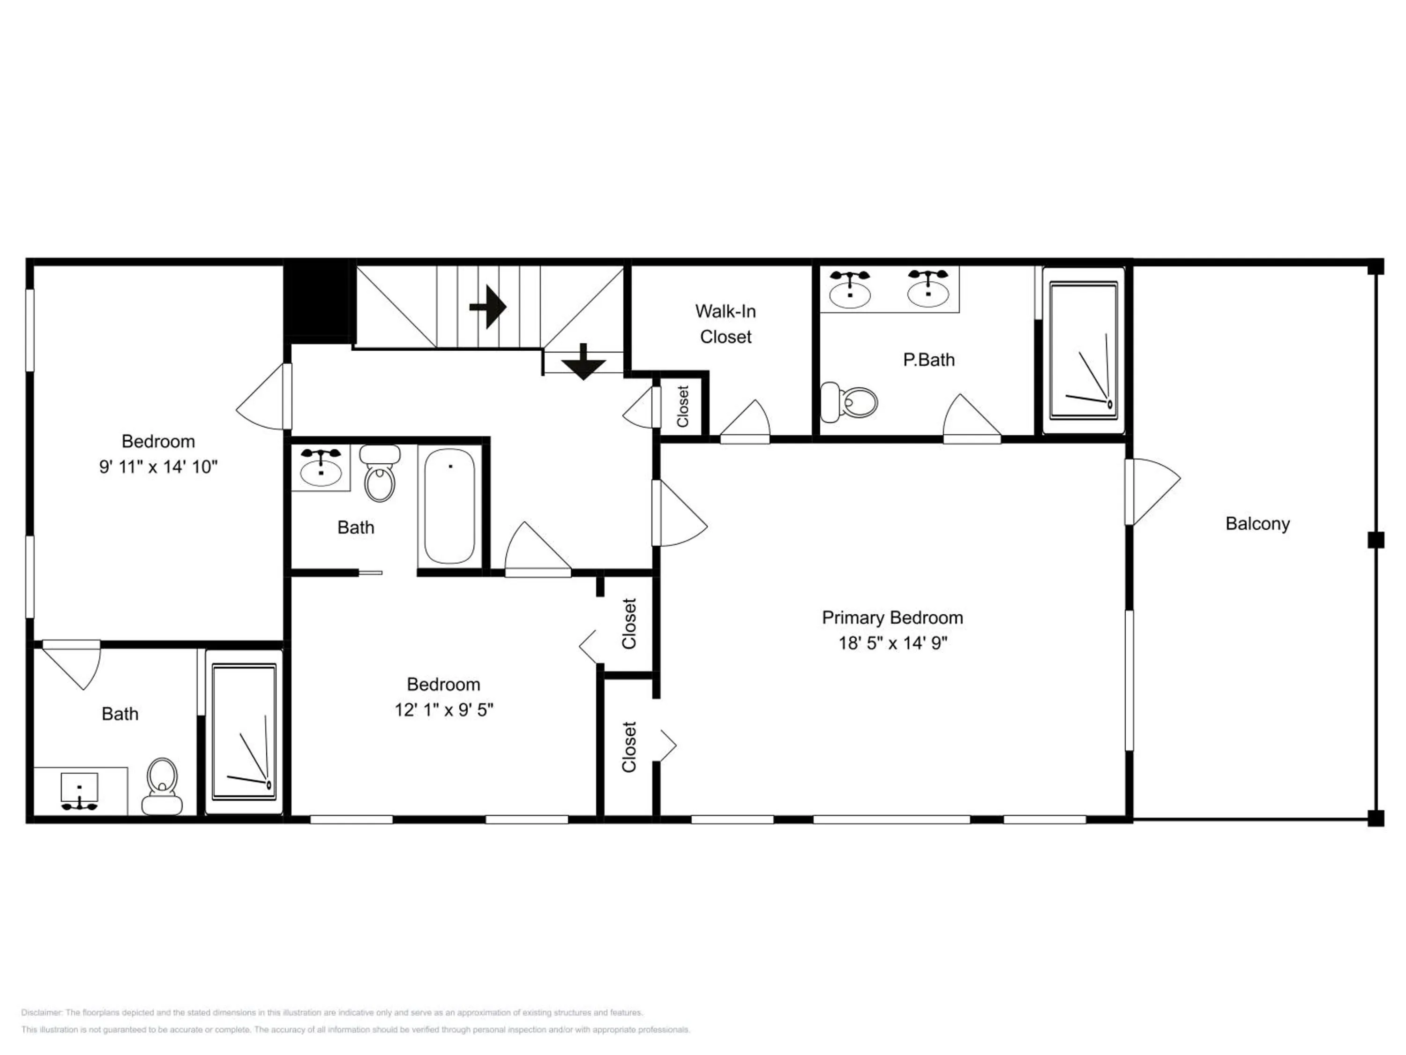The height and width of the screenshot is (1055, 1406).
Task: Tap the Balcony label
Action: coord(1257,524)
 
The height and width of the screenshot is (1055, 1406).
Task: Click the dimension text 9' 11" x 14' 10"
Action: coord(158,467)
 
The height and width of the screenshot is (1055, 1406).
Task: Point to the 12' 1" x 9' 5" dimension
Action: coord(444,710)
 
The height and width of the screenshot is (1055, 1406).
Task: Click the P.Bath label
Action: coord(928,360)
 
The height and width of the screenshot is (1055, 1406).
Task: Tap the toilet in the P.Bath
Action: coord(849,402)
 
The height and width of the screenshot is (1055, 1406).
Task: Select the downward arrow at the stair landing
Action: coord(583,362)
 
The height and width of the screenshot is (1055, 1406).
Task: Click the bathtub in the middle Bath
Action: coord(449,506)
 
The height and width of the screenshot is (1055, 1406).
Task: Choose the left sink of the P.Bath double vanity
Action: coord(850,290)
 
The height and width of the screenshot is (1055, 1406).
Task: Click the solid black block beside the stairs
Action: coord(316,299)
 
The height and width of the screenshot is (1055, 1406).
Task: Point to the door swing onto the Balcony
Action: coord(1154,491)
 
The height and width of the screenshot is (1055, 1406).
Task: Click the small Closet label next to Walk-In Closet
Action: coord(683,407)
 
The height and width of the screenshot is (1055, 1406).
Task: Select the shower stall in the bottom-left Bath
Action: coord(244,732)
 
